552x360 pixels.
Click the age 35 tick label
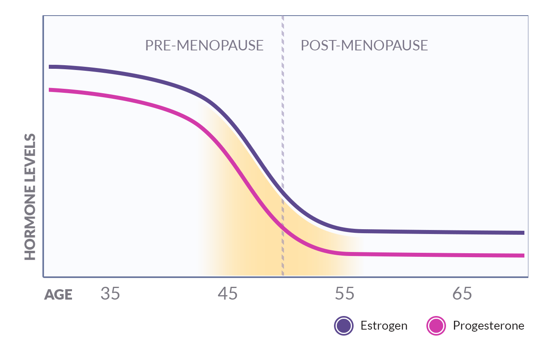(110, 294)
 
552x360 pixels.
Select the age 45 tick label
(228, 294)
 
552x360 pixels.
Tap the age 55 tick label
(344, 294)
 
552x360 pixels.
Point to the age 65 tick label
(462, 294)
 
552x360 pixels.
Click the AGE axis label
(58, 295)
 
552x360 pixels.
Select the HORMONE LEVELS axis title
(30, 197)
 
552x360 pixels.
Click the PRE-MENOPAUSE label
(204, 46)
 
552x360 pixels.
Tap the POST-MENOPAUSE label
(364, 46)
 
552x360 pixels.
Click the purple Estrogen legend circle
(344, 326)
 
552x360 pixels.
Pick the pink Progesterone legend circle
(436, 326)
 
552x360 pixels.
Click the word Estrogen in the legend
(384, 326)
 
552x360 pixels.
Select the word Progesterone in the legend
(488, 326)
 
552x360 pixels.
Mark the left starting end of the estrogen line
(50, 67)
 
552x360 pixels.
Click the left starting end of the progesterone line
(50, 90)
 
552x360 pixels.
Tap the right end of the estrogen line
(523, 233)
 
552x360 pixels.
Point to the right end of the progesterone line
(523, 256)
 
